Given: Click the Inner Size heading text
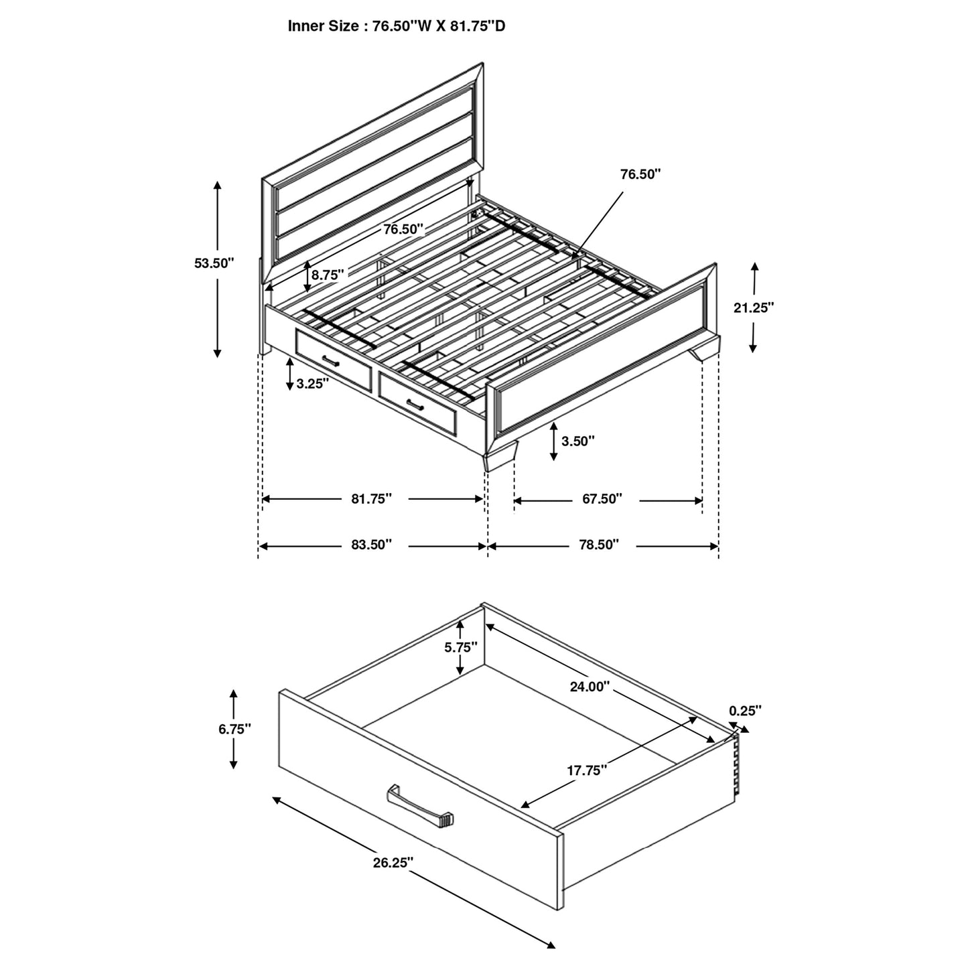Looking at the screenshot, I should coord(401,26).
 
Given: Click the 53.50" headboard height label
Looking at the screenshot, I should coord(214,263).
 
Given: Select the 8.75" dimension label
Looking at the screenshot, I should coord(328,274).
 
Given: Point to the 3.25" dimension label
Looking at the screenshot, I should coord(312,384).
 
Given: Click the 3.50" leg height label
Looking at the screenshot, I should coord(577,441).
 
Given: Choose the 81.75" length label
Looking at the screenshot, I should coord(372,499).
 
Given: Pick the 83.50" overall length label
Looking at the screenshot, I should coord(371,546).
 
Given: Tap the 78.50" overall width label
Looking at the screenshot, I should coord(598,546).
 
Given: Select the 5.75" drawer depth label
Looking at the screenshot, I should coord(461,647).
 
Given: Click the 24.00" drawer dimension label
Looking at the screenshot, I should coord(590,686).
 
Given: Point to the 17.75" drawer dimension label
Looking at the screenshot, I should coord(587,770).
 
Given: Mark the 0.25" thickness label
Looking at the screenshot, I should coord(745,711).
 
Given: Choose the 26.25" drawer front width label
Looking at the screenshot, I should coord(393,862).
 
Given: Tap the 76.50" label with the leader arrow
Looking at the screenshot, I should coord(640,175).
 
